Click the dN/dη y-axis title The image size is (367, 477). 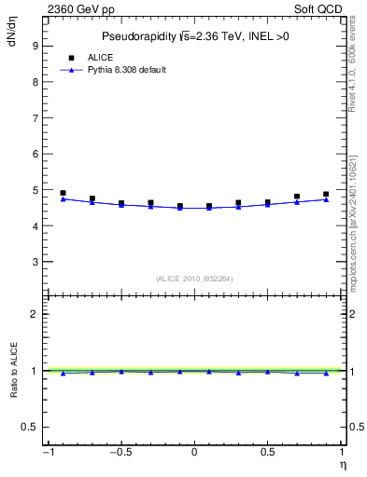pyautogui.click(x=11, y=33)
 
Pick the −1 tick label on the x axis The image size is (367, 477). pyautogui.click(x=46, y=455)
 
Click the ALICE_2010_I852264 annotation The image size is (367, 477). pyautogui.click(x=194, y=279)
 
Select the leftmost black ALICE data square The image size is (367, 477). pyautogui.click(x=63, y=193)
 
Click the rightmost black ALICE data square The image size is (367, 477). pyautogui.click(x=326, y=195)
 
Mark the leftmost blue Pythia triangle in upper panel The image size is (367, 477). pyautogui.click(x=63, y=198)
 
